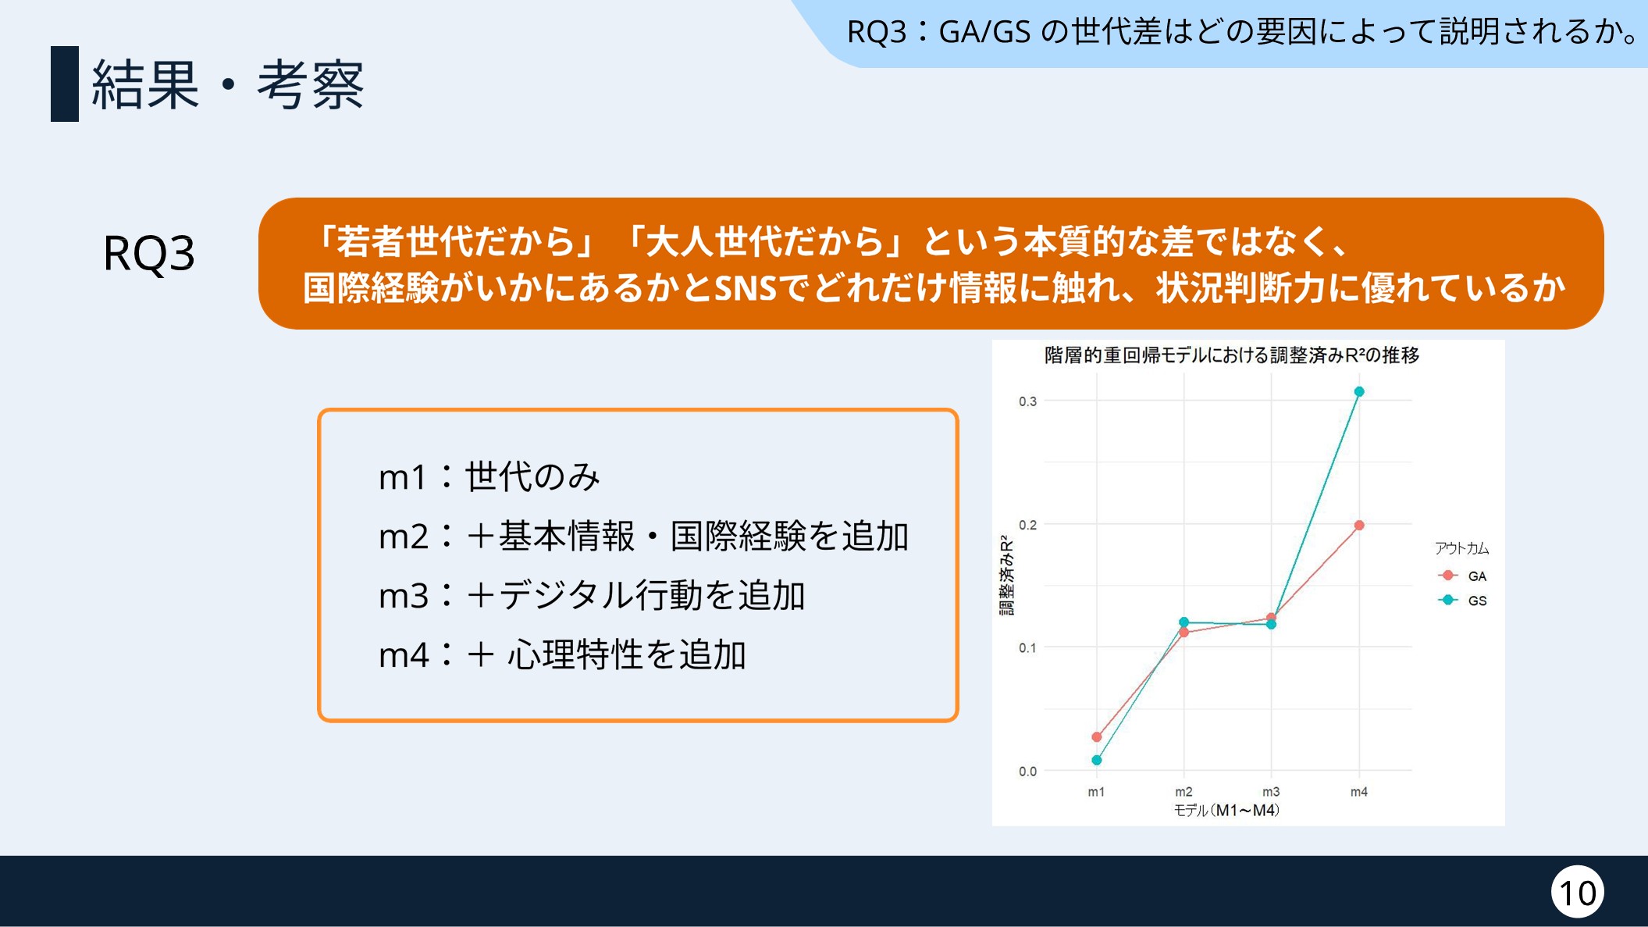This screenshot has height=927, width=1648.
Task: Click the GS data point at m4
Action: [x=1359, y=392]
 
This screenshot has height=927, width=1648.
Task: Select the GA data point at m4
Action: [x=1359, y=526]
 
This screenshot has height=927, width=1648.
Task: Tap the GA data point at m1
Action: [x=1097, y=736]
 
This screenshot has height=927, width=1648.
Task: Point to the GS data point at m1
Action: [x=1097, y=760]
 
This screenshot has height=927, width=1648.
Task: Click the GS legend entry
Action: [x=1462, y=601]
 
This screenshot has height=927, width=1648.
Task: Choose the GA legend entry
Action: [x=1462, y=576]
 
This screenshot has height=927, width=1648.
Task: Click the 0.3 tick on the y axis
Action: [x=1027, y=401]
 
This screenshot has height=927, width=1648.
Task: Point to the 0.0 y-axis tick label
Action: [x=1027, y=772]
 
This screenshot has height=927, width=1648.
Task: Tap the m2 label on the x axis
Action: [x=1183, y=792]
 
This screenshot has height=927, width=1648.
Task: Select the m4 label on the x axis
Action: [x=1359, y=792]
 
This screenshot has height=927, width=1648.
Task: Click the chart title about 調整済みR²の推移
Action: [x=1232, y=355]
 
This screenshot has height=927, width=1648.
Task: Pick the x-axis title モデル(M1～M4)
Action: [x=1227, y=811]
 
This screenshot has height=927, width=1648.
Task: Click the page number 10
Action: [x=1578, y=893]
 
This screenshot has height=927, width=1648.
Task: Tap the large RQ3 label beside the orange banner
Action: [x=149, y=254]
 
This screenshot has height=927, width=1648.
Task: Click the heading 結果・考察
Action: [x=228, y=84]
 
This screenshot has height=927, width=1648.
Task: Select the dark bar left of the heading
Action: [x=65, y=84]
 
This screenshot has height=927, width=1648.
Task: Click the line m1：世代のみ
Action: [x=489, y=476]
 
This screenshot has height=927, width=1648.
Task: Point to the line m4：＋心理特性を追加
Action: [x=563, y=654]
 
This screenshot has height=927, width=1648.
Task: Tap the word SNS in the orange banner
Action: [x=746, y=288]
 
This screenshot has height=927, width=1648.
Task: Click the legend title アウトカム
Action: [x=1461, y=548]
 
